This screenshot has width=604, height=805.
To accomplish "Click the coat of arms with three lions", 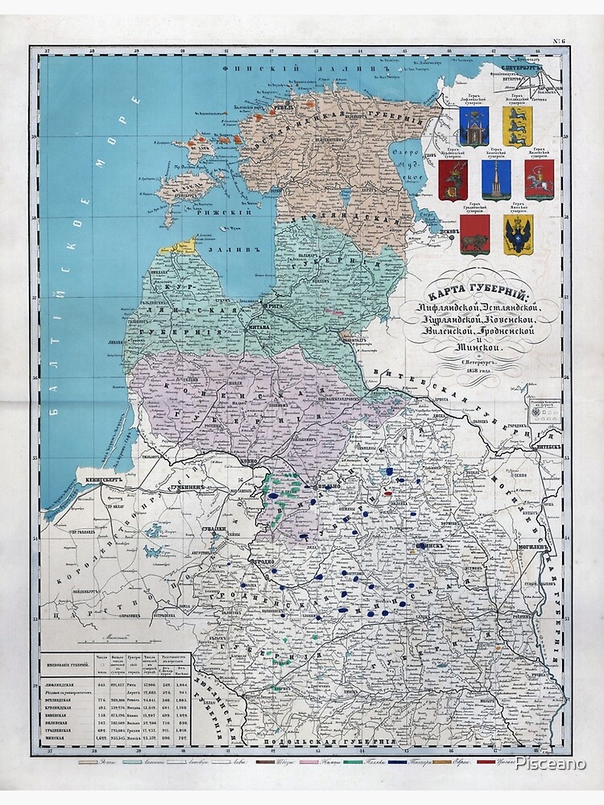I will tap(514, 126).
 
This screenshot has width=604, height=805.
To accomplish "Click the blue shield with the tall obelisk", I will tap(496, 180).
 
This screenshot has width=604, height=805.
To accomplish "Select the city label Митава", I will tap(258, 317).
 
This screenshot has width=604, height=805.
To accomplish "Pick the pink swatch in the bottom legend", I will tap(307, 762).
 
